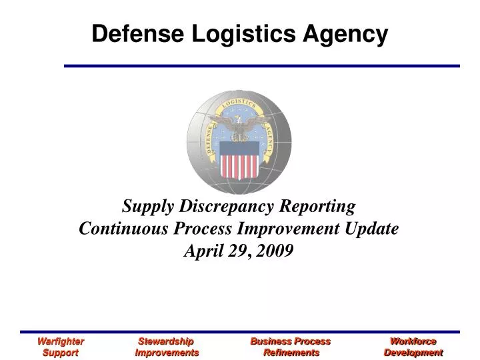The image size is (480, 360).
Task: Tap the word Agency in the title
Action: point(348,34)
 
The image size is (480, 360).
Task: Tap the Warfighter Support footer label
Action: point(60,347)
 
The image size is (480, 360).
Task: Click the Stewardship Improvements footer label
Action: point(166,347)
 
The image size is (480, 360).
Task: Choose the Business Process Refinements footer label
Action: point(291,347)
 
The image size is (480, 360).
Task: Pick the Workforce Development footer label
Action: point(413,347)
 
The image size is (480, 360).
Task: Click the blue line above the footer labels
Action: point(240,331)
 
